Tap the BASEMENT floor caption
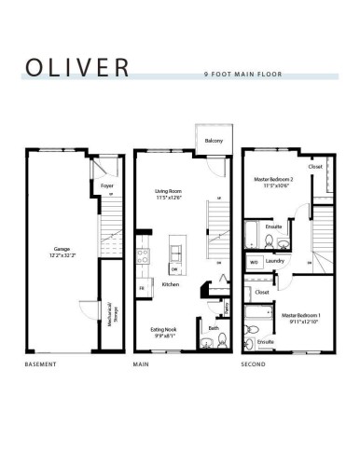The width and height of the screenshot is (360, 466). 42,364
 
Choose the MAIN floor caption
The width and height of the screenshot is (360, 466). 142,364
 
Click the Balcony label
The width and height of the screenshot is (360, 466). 208,142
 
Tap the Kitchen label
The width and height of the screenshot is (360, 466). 170,284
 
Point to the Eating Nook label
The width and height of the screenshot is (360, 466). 164,330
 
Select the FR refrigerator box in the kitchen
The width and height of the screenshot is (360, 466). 142,289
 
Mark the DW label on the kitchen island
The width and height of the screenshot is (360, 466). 175,269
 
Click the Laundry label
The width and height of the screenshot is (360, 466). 274,262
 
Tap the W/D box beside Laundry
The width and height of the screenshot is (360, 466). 254,262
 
